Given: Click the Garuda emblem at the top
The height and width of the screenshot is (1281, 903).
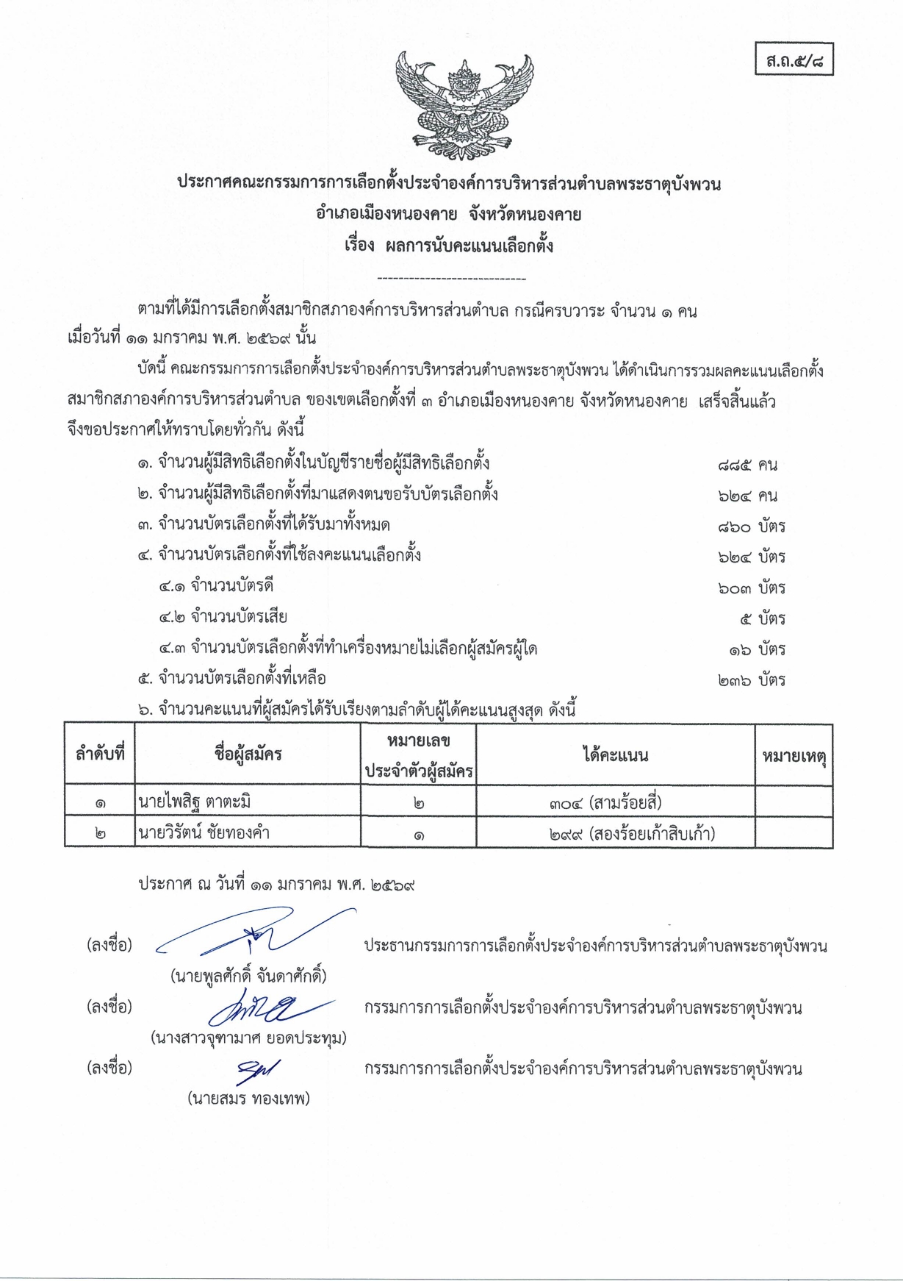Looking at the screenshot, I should [464, 104].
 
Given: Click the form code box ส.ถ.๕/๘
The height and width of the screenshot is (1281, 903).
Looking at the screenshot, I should [794, 60].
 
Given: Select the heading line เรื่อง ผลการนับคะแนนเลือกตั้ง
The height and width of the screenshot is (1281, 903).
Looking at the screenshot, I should [449, 246].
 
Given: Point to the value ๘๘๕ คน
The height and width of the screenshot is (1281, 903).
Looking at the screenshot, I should [747, 465].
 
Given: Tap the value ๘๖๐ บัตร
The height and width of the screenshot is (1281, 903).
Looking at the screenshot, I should [751, 527].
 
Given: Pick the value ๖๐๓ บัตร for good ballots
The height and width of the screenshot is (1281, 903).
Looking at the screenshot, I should [751, 588].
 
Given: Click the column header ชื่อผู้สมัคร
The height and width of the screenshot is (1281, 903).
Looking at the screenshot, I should [248, 754].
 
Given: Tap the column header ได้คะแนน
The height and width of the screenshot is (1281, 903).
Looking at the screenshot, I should [615, 754].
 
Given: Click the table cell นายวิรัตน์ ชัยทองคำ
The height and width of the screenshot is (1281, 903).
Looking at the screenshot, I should [204, 833].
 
